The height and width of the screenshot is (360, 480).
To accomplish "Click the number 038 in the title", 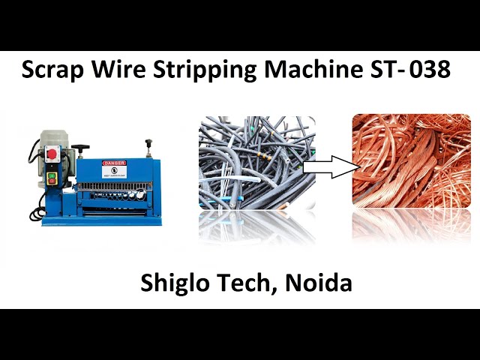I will point(429,70).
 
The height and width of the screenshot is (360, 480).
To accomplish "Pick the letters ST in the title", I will point(383,70).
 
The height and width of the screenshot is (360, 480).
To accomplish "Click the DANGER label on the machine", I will point(115,163).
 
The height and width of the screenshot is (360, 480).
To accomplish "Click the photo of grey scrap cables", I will point(255,165).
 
